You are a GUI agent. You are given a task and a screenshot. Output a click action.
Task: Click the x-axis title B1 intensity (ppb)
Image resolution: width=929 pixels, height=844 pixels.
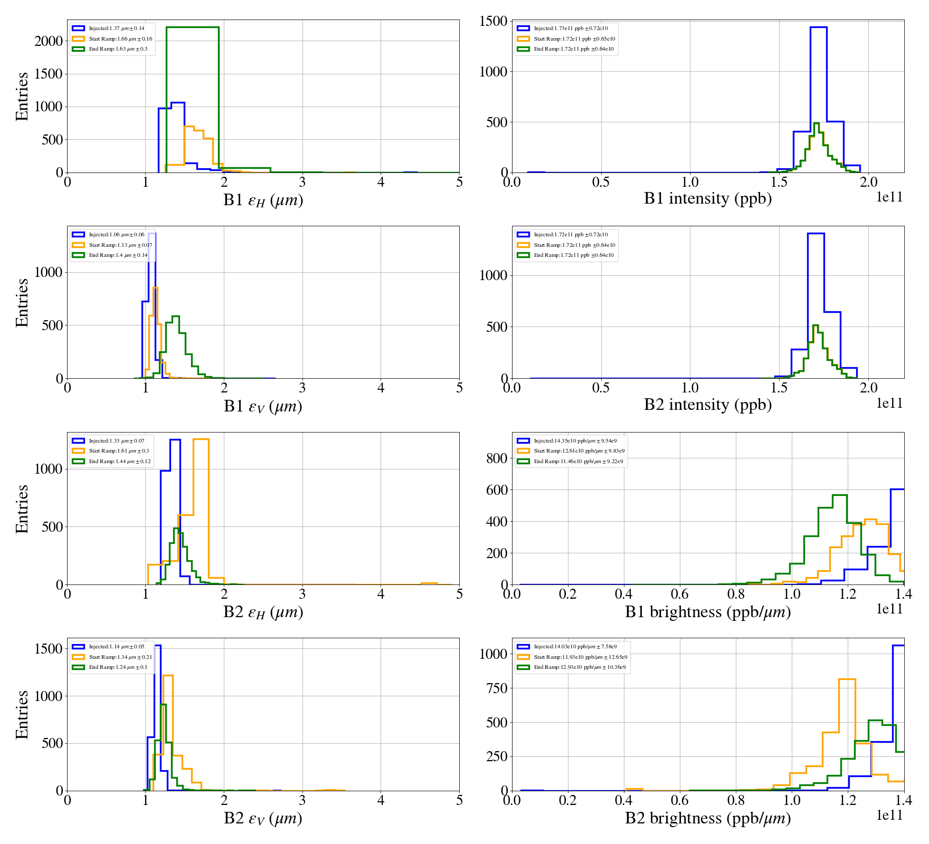(707, 199)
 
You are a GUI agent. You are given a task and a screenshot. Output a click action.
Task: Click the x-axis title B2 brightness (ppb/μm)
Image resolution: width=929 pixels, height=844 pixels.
(707, 818)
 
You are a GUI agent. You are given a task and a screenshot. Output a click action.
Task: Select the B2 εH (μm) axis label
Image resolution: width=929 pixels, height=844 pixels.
(263, 612)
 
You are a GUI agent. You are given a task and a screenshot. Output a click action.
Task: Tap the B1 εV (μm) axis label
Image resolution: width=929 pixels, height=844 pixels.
(263, 407)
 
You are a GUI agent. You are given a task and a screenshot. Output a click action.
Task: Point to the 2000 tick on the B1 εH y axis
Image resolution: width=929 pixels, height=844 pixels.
(49, 41)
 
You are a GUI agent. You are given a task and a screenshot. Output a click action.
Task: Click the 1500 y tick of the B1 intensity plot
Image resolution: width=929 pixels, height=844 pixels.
(493, 21)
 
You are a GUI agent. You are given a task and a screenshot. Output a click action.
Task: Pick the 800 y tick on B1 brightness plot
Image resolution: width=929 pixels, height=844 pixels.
(497, 458)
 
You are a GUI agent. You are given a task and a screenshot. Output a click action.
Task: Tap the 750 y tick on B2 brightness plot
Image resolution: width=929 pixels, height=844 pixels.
(497, 688)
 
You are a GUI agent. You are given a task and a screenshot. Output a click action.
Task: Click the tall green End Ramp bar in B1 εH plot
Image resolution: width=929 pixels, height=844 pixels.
(192, 100)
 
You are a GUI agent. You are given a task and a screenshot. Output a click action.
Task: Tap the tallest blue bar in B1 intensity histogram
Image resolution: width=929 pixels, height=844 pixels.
(818, 100)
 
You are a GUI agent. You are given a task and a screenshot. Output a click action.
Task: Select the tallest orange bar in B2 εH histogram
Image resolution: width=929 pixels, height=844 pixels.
(201, 512)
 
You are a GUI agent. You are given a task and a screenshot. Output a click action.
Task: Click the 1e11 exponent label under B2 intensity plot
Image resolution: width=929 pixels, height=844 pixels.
(889, 404)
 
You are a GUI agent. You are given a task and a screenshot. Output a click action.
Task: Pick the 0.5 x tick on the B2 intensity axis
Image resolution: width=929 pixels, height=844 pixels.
(601, 388)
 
